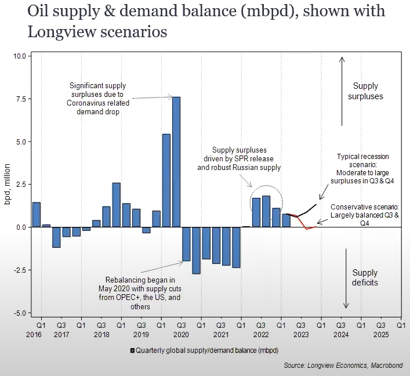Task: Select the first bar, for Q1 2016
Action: tap(36, 215)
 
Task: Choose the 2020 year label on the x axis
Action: tap(181, 335)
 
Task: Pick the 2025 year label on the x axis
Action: tap(380, 335)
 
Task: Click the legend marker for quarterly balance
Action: tap(133, 350)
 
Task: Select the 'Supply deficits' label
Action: tap(365, 277)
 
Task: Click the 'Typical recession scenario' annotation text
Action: tap(363, 165)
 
